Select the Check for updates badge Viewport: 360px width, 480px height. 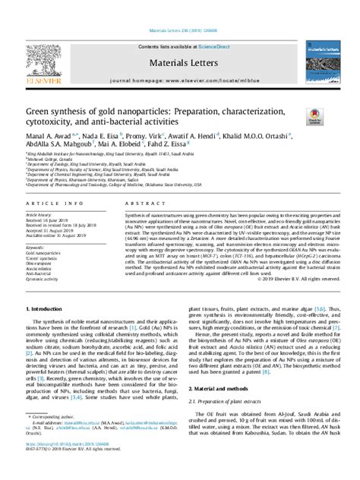(313, 117)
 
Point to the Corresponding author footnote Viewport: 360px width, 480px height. (52, 439)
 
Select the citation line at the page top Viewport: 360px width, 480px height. (179, 9)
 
